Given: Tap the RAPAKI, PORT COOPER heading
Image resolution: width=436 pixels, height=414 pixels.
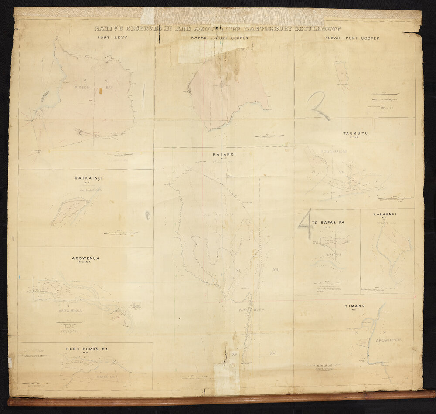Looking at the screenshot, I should pos(220,38).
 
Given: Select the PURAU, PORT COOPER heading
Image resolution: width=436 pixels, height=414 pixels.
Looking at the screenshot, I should pos(352,38).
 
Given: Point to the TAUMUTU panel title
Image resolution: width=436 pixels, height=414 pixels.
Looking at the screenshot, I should pos(355,133).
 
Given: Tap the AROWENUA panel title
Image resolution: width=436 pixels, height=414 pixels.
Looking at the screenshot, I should pos(85,258).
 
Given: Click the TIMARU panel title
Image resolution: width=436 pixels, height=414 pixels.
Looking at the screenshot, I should pos(354,306).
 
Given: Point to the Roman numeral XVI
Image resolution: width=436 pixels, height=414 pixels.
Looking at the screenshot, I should pos(273,353).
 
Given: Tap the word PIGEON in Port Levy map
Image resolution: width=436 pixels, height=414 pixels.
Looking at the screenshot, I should pos(83,88).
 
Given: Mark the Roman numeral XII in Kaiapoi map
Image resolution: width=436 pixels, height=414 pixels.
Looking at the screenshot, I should pos(276,270).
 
